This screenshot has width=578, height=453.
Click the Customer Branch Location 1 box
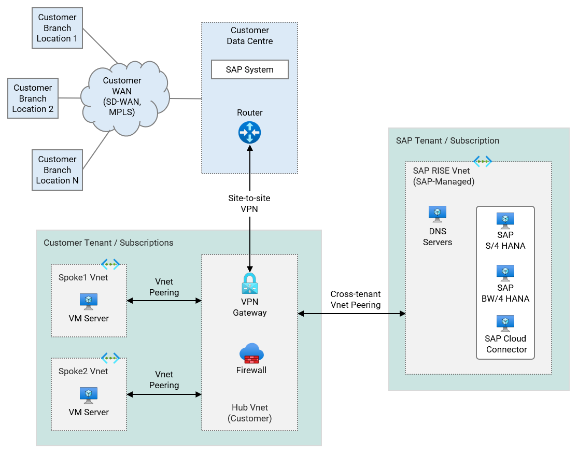[x=57, y=28]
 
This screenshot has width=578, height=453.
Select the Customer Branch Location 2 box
[x=33, y=98]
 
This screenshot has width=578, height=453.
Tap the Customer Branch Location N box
[x=57, y=170]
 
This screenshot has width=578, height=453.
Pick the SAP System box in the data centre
[x=249, y=69]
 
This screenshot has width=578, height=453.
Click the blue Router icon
[x=249, y=133]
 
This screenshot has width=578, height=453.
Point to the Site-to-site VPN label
[x=249, y=204]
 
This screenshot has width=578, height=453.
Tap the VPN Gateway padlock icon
[x=249, y=284]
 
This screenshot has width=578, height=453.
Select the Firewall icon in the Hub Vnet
[x=251, y=353]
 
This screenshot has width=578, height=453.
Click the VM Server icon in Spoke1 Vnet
[x=89, y=301]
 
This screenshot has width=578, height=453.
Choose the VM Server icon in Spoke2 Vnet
[x=89, y=395]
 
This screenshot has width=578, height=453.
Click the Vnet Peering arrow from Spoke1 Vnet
[x=164, y=301]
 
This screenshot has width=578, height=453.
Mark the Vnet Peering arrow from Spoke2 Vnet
[x=164, y=394]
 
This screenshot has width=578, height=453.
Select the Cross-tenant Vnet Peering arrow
[x=351, y=314]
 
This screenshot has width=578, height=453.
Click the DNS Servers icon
[x=438, y=214]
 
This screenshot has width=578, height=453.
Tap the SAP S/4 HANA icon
[x=505, y=220]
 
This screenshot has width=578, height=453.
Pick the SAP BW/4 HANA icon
[x=505, y=272]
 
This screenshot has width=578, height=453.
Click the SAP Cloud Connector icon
[x=505, y=323]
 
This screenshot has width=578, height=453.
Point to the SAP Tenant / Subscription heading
[x=447, y=140]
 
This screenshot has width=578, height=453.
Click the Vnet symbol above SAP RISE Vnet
[x=482, y=161]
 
